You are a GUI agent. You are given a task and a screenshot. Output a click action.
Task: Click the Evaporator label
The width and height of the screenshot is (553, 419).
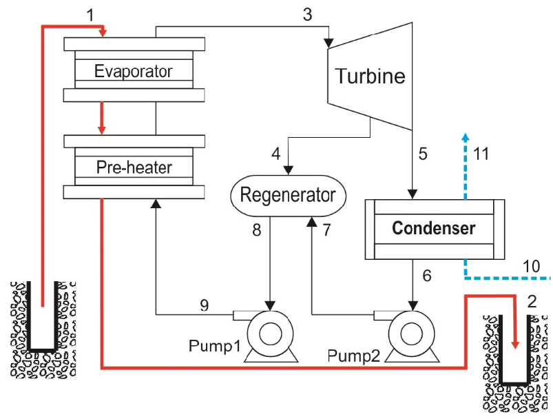134,71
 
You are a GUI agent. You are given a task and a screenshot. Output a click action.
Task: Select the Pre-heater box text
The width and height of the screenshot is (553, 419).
134,167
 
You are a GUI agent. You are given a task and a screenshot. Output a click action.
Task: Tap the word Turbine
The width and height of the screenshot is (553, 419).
370,76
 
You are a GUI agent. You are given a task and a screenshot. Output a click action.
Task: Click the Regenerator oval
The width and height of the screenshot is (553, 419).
287,195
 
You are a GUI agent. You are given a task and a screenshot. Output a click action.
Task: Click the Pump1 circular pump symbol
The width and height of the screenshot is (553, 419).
269,333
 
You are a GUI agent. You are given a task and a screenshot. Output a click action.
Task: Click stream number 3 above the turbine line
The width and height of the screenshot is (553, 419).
308,13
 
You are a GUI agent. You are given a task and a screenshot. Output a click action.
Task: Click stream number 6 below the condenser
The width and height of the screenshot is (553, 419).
426,276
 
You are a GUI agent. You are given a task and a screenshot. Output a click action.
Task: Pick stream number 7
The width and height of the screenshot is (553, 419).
327,231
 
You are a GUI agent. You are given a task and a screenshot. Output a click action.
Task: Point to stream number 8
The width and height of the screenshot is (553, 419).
257,231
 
